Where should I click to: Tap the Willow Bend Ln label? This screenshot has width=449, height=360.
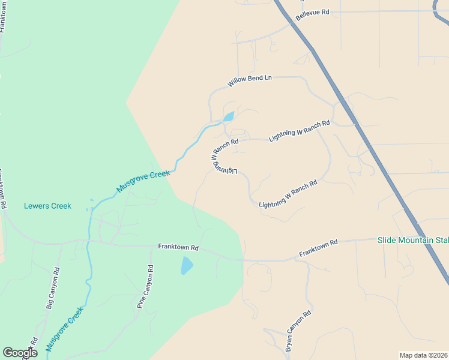tap(250, 81)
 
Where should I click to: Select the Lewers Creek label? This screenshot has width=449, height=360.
tap(47, 206)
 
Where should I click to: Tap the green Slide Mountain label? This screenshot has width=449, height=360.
tap(413, 241)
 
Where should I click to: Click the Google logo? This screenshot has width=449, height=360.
tap(20, 353)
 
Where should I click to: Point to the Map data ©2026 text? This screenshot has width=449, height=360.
tap(424, 355)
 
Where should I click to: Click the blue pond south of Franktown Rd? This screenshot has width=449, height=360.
tap(187, 265)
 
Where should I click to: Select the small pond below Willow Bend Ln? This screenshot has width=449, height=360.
tap(228, 116)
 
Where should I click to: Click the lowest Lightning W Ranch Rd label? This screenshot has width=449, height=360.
tap(288, 196)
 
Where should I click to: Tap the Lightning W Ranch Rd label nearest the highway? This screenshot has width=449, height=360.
tap(300, 131)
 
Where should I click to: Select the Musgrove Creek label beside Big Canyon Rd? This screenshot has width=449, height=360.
tap(64, 328)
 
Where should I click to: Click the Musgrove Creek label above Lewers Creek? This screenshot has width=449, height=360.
tap(143, 182)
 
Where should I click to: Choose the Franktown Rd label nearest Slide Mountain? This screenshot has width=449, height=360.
tap(319, 250)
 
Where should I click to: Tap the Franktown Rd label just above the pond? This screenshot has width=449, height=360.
tap(178, 247)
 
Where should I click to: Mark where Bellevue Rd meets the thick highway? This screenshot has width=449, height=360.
tap(292, 23)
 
